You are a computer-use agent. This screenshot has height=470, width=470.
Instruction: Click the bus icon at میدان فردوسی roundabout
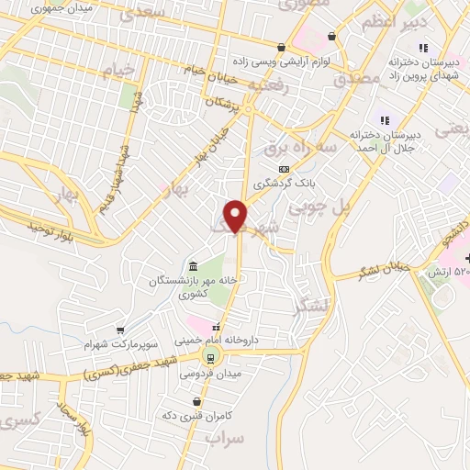[210, 358]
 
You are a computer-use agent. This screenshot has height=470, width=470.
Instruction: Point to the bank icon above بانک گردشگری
[285, 169]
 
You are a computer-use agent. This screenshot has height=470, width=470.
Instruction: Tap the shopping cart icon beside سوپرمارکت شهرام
[119, 330]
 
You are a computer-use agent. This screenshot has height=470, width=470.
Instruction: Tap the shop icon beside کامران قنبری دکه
[196, 401]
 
